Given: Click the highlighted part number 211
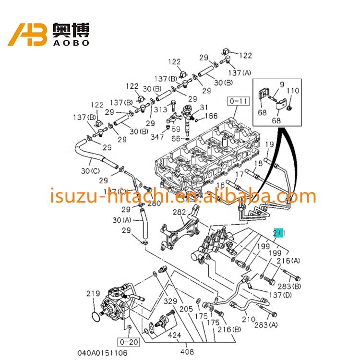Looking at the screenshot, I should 279,234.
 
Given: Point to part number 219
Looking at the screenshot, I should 93,293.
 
